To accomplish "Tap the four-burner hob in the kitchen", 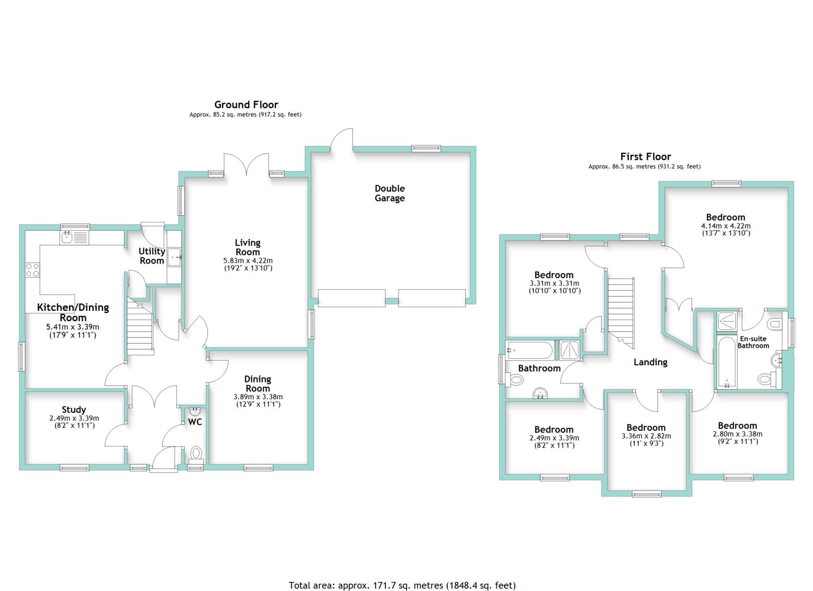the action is (x=33, y=270).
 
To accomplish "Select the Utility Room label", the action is (x=152, y=256).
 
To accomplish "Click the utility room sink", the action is (x=174, y=257).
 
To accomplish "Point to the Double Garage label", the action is (x=390, y=193).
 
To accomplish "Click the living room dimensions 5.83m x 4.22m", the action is (x=248, y=261).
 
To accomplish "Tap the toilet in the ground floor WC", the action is (x=196, y=455).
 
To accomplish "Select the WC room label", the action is (x=195, y=422).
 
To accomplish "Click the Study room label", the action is (x=74, y=410).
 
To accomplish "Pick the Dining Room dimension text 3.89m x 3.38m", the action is (x=258, y=397).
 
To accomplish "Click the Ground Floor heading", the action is (x=246, y=104).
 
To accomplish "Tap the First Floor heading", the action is (x=646, y=156).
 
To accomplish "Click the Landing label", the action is (x=651, y=362).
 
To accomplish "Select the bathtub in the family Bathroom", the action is (x=530, y=350).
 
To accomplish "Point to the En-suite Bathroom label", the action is (x=753, y=342).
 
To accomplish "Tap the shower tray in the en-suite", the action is (x=727, y=321).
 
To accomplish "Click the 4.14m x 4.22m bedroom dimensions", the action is (x=726, y=226).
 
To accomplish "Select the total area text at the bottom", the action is (x=402, y=585).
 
